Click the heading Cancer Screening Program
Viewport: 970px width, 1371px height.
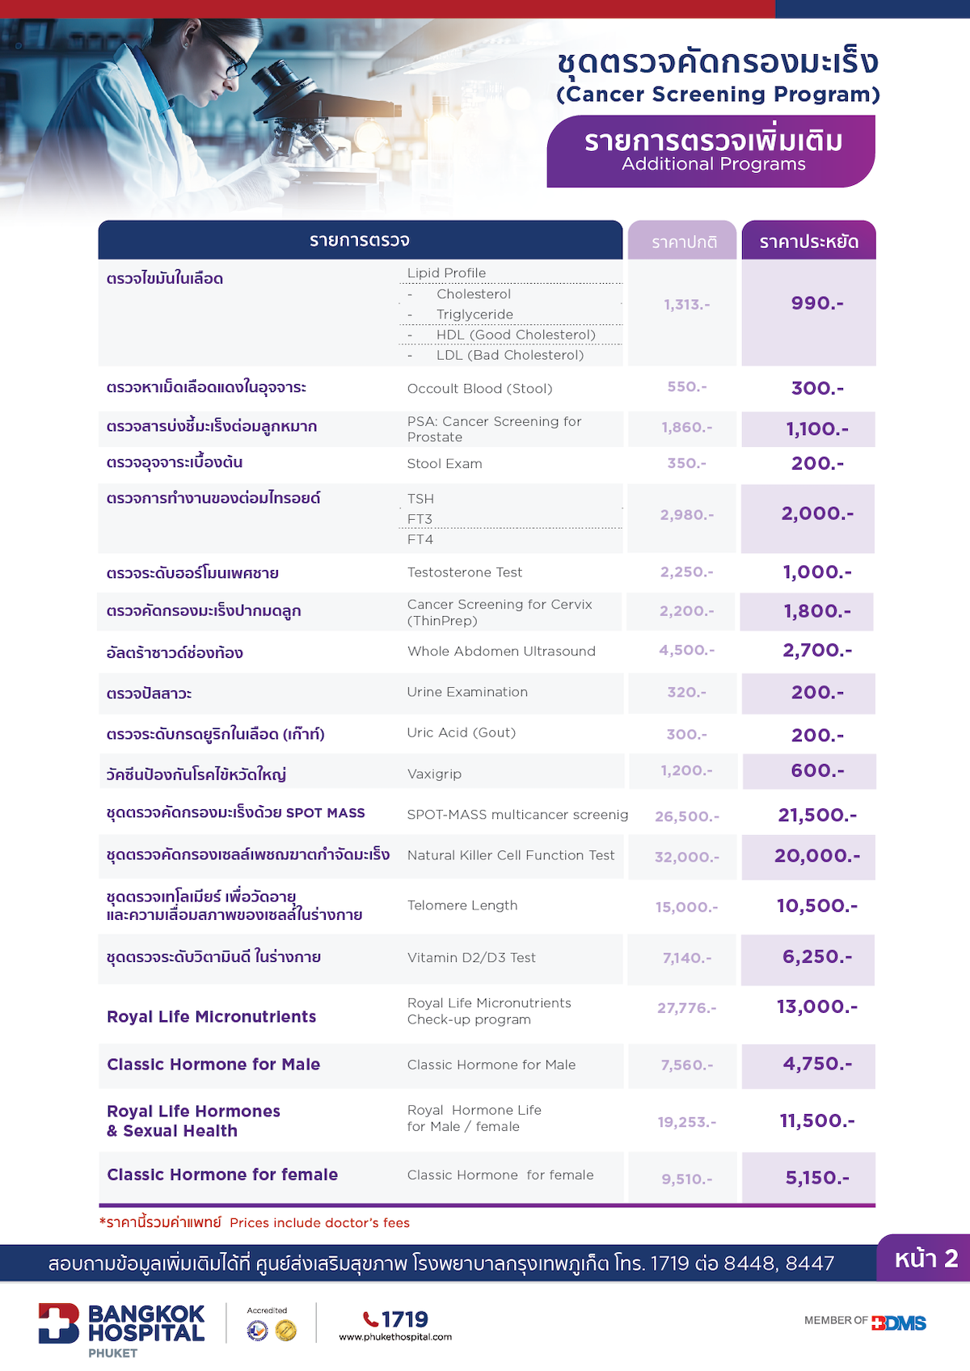coord(718,95)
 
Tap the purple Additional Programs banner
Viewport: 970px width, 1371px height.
coord(711,151)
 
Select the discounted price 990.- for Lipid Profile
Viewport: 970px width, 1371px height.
coord(816,303)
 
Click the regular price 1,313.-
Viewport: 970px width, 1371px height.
coord(686,305)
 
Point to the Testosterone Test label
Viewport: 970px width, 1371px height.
coord(465,572)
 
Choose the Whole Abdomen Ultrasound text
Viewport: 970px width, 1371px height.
coord(501,652)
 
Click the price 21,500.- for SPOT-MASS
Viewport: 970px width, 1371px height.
coord(816,815)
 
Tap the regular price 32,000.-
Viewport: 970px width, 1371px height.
coord(686,857)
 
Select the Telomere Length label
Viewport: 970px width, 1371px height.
coord(462,905)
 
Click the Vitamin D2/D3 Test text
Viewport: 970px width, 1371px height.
coord(471,958)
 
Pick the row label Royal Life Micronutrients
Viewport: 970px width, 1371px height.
coord(211,1017)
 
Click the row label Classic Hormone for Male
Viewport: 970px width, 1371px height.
coord(213,1065)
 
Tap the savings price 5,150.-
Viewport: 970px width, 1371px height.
coord(816,1178)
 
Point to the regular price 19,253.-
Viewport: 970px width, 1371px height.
coord(686,1122)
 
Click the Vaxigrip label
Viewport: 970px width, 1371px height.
coord(434,774)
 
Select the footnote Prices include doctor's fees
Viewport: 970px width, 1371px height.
coord(319,1223)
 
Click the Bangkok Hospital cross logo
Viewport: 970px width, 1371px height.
coord(58,1322)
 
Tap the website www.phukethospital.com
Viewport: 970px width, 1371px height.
coord(395,1337)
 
